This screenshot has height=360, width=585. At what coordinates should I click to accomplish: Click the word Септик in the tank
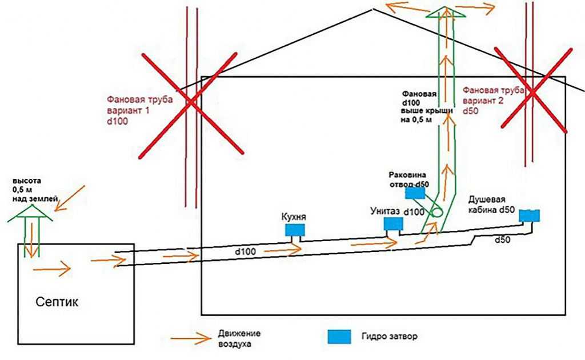[57, 302]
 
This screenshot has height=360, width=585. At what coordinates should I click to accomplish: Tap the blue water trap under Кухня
[295, 230]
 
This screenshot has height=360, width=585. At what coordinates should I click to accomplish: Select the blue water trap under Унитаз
[394, 223]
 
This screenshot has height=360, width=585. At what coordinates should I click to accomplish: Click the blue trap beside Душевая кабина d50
[530, 215]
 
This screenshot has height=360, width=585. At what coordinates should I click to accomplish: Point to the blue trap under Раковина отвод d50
[415, 193]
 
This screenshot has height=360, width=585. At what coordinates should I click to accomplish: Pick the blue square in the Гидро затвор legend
[339, 336]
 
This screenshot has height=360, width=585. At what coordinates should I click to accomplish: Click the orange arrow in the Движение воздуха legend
[191, 338]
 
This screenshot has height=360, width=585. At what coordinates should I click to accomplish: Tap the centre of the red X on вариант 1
[190, 103]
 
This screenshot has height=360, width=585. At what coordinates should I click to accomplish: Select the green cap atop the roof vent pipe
[446, 13]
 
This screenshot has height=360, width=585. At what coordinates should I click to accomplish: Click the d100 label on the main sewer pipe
[246, 252]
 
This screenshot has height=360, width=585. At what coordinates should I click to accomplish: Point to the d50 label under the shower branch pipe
[503, 240]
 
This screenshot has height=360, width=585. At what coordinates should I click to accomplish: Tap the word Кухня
[294, 217]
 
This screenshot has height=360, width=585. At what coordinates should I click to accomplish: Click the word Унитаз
[385, 211]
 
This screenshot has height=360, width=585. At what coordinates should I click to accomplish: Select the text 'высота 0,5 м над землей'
[34, 190]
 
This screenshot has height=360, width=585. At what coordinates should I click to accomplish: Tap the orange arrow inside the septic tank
[52, 269]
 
